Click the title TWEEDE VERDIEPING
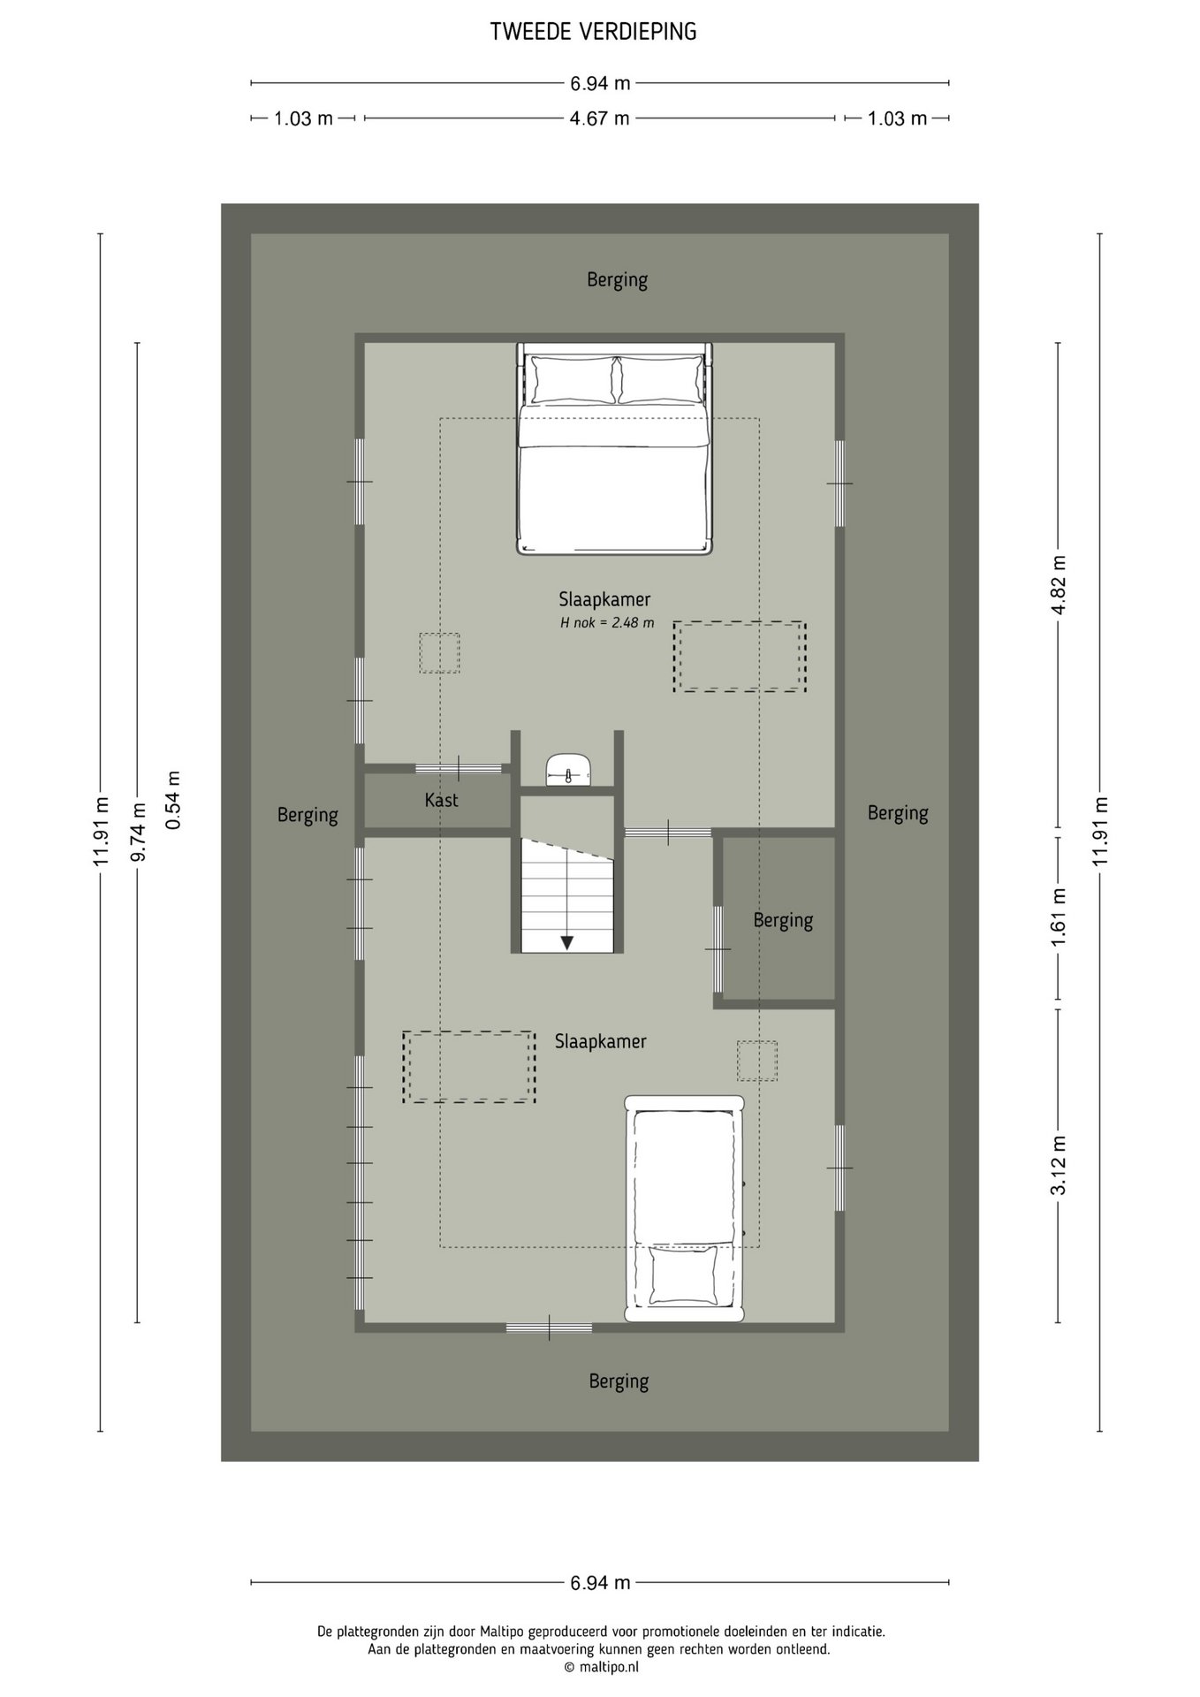[x=594, y=32]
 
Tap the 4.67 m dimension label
[x=600, y=118]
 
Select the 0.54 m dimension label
[x=173, y=800]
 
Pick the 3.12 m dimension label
[x=1059, y=1166]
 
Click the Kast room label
[x=441, y=800]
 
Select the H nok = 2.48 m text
[x=607, y=622]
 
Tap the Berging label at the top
[x=618, y=280]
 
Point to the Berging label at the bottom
[x=619, y=1381]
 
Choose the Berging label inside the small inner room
[x=783, y=920]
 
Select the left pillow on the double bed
[x=572, y=379]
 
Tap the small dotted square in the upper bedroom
[x=439, y=653]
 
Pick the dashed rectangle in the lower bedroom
[x=469, y=1067]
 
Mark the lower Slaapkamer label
[x=601, y=1042]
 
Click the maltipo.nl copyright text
[x=601, y=1667]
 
